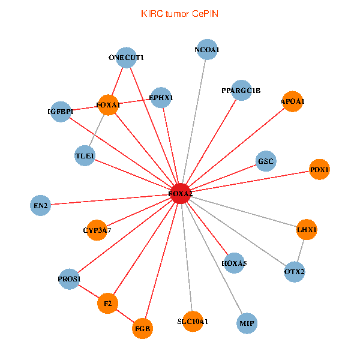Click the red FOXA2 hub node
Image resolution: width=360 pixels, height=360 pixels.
[181, 194]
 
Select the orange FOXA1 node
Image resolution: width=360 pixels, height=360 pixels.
[108, 106]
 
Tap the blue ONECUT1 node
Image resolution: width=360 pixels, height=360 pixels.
[126, 58]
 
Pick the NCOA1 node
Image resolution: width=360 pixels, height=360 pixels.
[207, 50]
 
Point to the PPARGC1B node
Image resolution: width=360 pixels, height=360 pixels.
[241, 91]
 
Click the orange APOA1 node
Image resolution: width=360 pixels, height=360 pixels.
[292, 101]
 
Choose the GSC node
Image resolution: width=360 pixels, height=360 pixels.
[265, 161]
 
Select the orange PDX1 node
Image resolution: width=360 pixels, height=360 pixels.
[319, 170]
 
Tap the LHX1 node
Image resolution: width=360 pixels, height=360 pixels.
[307, 229]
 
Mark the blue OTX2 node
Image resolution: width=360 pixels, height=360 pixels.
[294, 272]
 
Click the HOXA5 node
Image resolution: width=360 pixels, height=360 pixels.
[234, 263]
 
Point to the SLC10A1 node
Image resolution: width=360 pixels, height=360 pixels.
[193, 322]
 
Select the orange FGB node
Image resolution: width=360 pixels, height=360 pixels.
[143, 329]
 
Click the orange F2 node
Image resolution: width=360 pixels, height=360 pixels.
[108, 304]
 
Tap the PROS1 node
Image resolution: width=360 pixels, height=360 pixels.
[69, 279]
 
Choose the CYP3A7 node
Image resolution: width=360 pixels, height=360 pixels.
[97, 230]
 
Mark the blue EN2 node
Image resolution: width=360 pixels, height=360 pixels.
[40, 206]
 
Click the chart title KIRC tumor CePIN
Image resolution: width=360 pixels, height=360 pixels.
[180, 13]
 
